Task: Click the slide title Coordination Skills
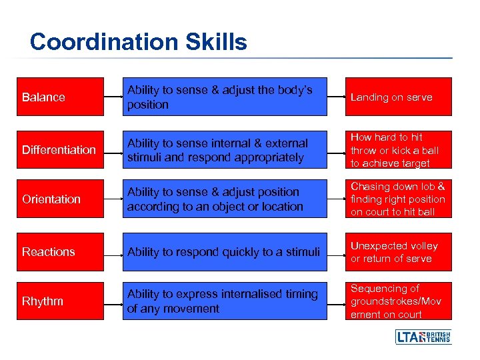[138, 42]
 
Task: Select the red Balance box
[60, 97]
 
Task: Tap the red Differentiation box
[60, 150]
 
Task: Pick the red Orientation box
[60, 199]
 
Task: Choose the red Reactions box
[60, 252]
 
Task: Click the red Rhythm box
[60, 301]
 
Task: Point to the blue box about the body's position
[225, 97]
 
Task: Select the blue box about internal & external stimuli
[225, 150]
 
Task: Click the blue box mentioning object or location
[225, 199]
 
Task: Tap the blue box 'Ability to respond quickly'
[225, 252]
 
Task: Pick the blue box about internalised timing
[225, 301]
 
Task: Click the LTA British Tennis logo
[423, 337]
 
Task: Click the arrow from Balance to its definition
[113, 97]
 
